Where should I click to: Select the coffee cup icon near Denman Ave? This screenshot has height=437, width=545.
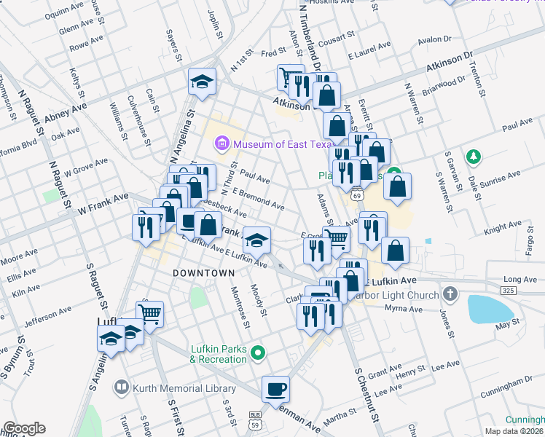tap(275, 389)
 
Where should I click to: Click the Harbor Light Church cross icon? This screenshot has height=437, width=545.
tap(450, 295)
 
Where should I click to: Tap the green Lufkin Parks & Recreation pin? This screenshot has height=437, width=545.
tap(257, 354)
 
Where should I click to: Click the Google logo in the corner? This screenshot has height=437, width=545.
tap(24, 428)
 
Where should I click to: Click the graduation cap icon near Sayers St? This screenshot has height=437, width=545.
tap(202, 82)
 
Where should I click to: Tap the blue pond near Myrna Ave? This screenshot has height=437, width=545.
tap(489, 309)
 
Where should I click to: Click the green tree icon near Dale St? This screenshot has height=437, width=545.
tap(474, 156)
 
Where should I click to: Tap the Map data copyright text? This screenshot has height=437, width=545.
tap(514, 430)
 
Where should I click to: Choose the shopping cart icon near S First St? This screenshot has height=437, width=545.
tap(149, 314)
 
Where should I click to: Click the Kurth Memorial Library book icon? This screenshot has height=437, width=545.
tap(122, 389)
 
